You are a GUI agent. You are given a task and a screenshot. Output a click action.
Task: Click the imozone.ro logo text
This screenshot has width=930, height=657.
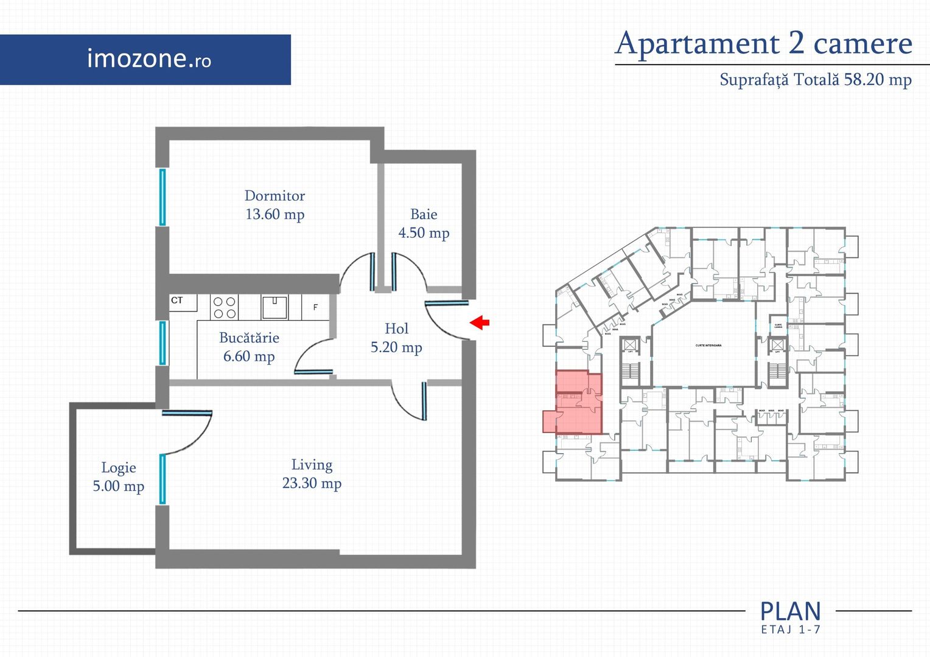click(x=149, y=58)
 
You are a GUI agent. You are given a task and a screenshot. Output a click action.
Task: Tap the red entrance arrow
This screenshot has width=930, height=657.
click(x=480, y=322)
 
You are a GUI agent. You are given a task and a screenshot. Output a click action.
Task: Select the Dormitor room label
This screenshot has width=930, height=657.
click(x=274, y=196)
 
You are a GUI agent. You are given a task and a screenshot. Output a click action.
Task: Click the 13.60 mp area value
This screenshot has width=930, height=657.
click(x=274, y=214)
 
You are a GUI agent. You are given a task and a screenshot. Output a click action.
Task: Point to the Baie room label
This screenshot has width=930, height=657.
click(x=424, y=214)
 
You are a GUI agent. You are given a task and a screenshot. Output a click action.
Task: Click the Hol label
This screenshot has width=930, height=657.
click(x=396, y=328)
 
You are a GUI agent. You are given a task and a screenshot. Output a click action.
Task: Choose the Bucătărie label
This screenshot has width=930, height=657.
click(x=249, y=338)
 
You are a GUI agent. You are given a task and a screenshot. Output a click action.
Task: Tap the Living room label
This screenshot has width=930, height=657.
click(x=312, y=465)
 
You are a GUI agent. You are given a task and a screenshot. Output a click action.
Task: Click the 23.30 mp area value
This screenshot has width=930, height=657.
click(x=312, y=483)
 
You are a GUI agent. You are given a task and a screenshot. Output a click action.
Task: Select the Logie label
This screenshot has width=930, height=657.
click(x=119, y=468)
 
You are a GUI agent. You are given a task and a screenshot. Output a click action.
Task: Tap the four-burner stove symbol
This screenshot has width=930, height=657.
click(x=224, y=307)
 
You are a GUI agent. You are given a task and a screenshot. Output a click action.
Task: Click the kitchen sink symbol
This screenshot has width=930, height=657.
click(x=274, y=307)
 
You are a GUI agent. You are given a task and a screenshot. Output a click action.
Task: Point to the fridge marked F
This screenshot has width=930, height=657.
click(x=315, y=307)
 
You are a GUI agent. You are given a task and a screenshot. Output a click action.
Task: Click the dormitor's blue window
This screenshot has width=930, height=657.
click(x=163, y=197)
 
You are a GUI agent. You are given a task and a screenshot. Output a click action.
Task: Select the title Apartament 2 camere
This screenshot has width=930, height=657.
click(x=764, y=43)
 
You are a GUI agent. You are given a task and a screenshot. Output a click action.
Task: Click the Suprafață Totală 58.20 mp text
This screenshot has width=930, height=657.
click(x=815, y=80)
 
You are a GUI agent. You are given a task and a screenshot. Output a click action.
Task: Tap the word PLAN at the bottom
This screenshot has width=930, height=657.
click(x=790, y=611)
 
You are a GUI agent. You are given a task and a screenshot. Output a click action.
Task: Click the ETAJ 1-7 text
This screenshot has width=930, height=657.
click(x=790, y=630)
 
